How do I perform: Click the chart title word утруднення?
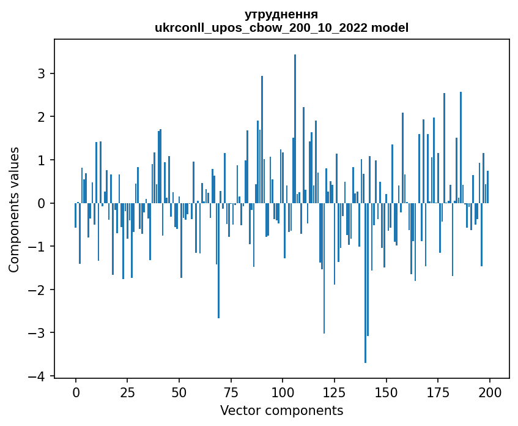[281, 14]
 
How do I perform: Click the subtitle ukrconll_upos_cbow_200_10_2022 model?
[281, 28]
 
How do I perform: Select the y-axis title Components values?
[14, 209]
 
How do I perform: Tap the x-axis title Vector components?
[281, 410]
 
